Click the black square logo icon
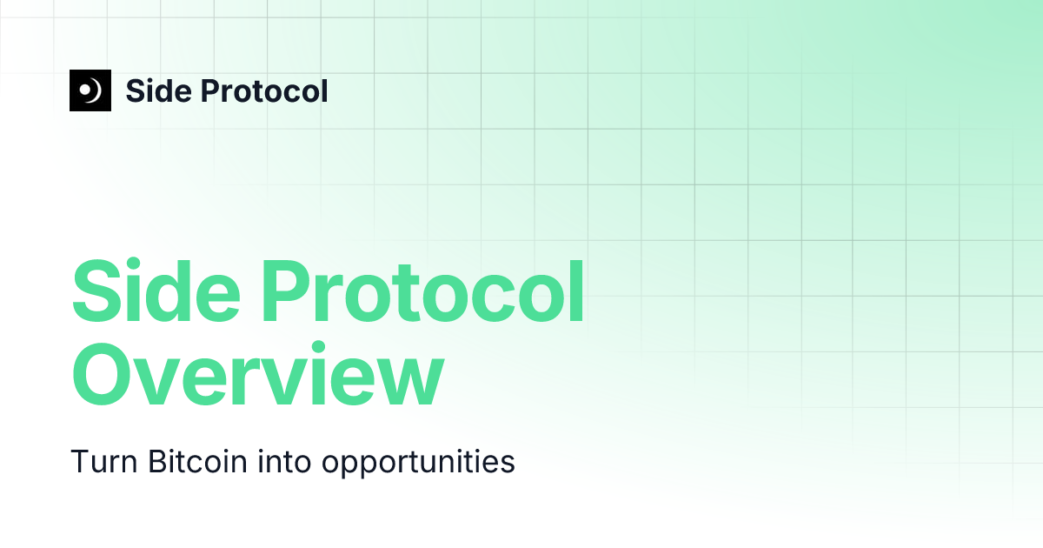pos(90,90)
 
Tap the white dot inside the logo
pos(86,90)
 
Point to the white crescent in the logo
pos(95,90)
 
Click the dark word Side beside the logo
pos(159,90)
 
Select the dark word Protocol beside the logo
pos(264,90)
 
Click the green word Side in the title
pos(156,291)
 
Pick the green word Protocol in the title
pos(422,291)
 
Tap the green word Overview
pos(258,374)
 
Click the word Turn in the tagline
pos(103,462)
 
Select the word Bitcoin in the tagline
pos(198,462)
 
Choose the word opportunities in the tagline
pos(418,463)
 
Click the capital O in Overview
pos(103,374)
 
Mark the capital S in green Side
pos(97,291)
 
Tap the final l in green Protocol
pos(577,290)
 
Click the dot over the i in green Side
pos(135,264)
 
